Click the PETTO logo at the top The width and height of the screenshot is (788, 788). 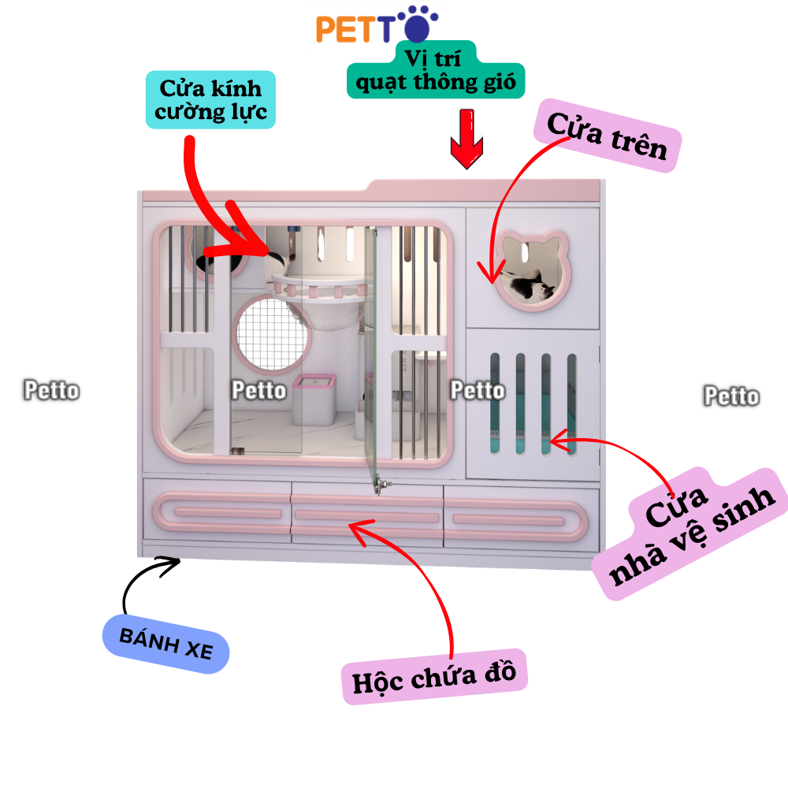coord(377,25)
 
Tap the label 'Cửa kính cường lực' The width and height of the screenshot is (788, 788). coord(210,99)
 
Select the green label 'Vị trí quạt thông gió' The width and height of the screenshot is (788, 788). coord(435,70)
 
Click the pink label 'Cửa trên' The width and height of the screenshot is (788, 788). coord(607,136)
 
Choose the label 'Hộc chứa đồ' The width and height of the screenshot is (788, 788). coord(434,677)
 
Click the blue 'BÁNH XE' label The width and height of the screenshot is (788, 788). coord(165,644)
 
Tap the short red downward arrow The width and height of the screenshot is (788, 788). coord(466,139)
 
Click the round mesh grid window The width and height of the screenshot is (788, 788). coord(271,334)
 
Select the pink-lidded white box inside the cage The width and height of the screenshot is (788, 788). coord(314,400)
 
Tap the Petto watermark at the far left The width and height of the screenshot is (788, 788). coord(52,391)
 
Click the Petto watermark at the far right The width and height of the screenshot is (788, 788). coord(732,396)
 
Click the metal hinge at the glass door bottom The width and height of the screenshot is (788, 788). coord(383,485)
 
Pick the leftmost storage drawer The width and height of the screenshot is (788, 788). coord(217,511)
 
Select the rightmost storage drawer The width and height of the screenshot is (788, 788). coord(521,519)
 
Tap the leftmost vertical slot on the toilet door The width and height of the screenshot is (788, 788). coord(495,403)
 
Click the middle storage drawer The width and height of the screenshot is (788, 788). coord(367,515)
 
